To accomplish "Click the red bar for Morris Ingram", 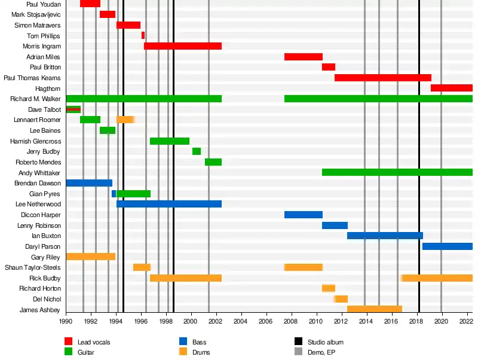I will (183, 46).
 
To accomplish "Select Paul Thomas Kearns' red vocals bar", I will (382, 78).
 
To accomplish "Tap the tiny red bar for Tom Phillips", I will (143, 35).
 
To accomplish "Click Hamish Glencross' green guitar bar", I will (170, 141).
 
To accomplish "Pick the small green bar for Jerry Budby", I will (197, 151).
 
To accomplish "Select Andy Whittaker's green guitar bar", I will (397, 172).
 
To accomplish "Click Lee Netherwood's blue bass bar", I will (169, 204).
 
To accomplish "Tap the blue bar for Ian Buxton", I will (385, 236).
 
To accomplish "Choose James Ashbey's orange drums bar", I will (375, 309).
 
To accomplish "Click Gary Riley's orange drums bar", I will (90, 257).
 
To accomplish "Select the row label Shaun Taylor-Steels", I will (33, 267).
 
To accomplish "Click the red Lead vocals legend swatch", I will (69, 341).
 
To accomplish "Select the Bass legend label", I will (200, 342).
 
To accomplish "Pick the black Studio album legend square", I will (299, 341).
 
